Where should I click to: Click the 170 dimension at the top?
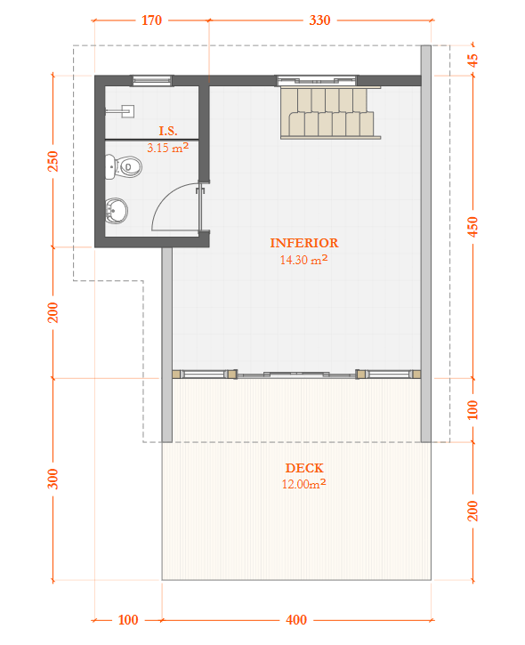click(151, 20)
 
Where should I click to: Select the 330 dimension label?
click(319, 20)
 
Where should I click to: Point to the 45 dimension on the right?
click(472, 60)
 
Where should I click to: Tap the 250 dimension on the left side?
click(52, 161)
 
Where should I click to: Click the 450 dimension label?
click(472, 228)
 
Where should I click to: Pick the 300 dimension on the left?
click(52, 479)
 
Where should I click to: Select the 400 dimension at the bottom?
click(296, 620)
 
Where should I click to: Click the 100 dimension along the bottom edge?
click(128, 620)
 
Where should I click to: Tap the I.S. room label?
click(168, 131)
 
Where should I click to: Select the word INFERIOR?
click(304, 242)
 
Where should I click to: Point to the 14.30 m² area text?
click(303, 261)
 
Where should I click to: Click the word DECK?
click(304, 468)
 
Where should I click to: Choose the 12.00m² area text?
click(304, 484)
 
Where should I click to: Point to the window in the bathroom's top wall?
click(152, 81)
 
